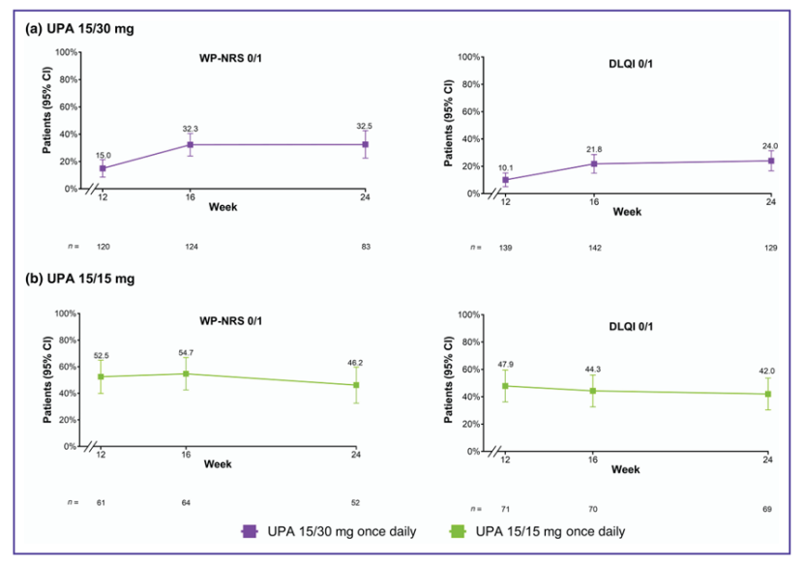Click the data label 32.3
tap(191, 129)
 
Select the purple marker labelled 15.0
tap(103, 168)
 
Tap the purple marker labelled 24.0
tap(771, 161)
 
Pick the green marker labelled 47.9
tap(505, 386)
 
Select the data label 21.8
tap(595, 148)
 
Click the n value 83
tap(366, 247)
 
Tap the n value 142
tap(595, 249)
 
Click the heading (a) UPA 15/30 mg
tap(79, 29)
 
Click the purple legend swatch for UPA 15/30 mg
tap(249, 530)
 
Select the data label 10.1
tap(505, 166)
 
